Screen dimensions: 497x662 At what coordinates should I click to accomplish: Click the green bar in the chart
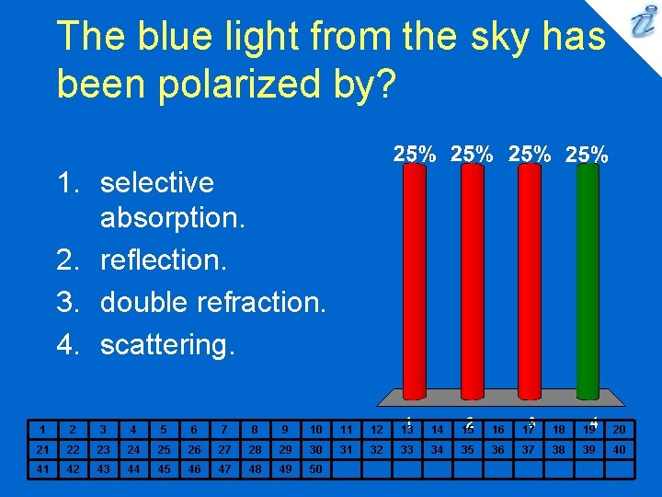586,281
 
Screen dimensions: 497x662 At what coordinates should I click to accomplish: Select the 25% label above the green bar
587,156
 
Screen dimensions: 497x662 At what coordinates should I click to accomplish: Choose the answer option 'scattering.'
167,345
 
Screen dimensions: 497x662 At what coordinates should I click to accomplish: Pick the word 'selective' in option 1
156,182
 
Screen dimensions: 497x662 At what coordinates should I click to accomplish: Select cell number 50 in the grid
315,468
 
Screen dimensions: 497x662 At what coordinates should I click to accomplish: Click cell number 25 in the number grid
163,449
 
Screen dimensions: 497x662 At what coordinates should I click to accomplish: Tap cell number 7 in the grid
224,429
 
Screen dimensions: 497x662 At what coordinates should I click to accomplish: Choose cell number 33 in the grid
406,449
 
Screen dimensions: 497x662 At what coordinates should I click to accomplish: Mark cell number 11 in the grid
346,429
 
